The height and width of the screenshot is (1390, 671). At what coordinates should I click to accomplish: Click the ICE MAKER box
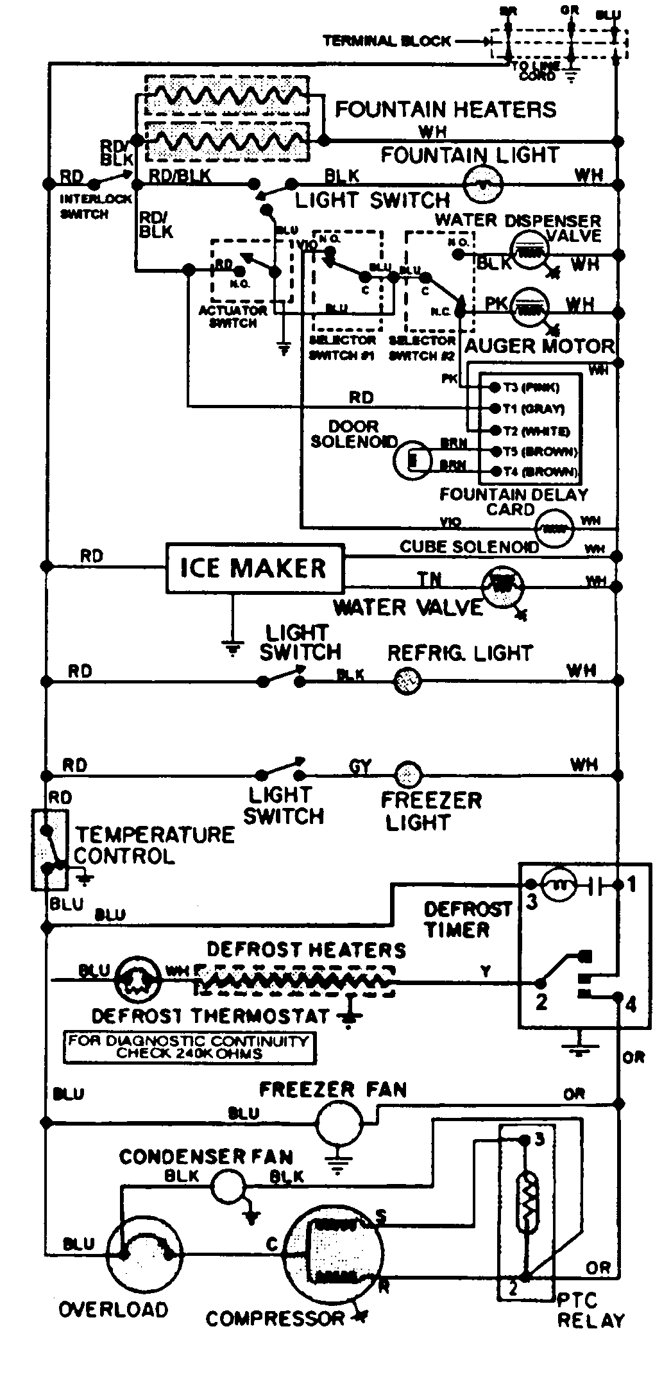(255, 568)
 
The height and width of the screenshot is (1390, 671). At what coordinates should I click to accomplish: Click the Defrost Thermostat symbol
(139, 980)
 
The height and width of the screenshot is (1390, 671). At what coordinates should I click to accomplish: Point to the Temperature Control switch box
(50, 850)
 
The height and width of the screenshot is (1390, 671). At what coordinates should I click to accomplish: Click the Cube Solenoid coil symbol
(554, 529)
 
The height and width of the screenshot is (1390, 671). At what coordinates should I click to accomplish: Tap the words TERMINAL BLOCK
(386, 41)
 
